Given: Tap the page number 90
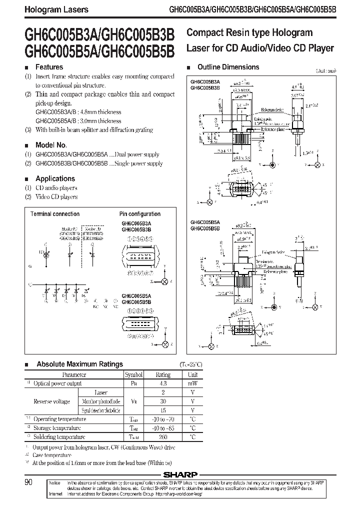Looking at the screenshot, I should [x=29, y=482].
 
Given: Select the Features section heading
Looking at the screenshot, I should [x=49, y=67].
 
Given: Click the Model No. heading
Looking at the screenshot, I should [x=51, y=144].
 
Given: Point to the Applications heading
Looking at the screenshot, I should [x=55, y=178].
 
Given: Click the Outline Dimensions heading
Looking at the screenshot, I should [x=228, y=67].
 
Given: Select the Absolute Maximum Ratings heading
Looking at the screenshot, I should [x=79, y=364].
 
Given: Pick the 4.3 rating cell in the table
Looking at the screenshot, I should [x=163, y=383].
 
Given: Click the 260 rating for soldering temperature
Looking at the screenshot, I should [x=163, y=437].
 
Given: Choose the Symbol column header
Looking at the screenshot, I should [x=134, y=374].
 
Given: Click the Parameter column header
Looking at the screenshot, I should [x=74, y=374].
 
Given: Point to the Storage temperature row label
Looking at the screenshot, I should [x=56, y=428].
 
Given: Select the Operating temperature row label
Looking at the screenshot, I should [x=59, y=419].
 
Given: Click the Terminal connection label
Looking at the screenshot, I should [x=55, y=214].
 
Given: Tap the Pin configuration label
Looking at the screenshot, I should [x=140, y=214].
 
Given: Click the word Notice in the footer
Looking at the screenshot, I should [x=55, y=483].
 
